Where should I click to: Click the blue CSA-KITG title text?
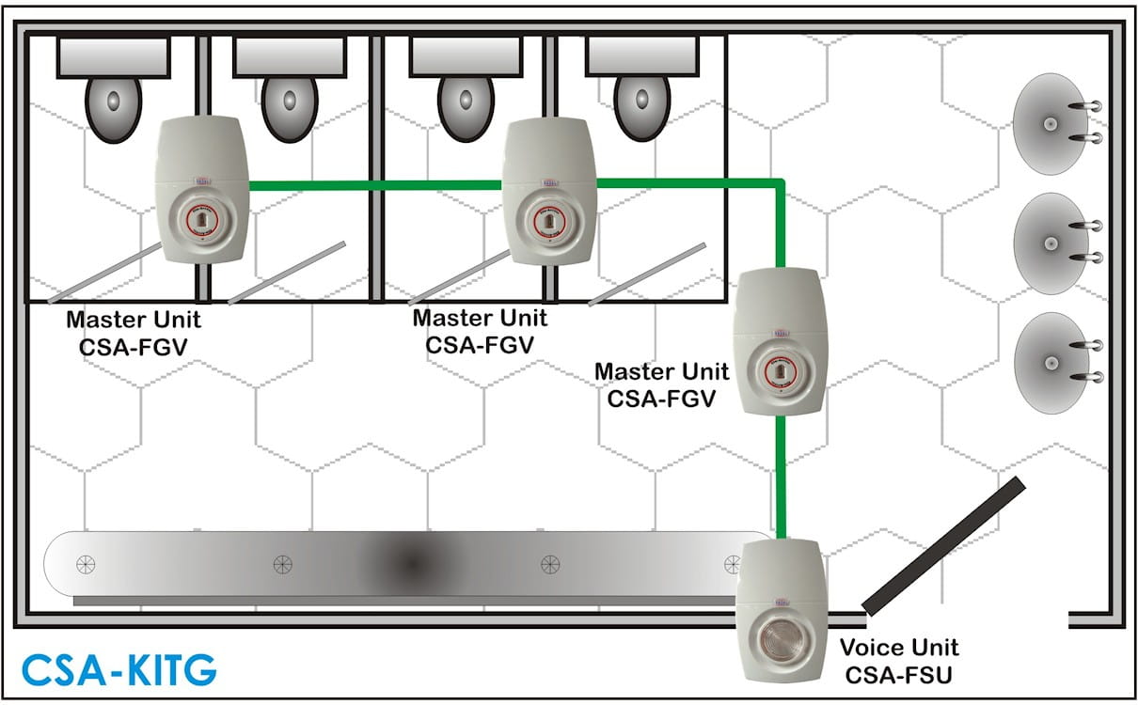pyautogui.click(x=119, y=670)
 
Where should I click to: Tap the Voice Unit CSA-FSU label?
pyautogui.click(x=899, y=662)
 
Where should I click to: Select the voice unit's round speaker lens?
pyautogui.click(x=781, y=637)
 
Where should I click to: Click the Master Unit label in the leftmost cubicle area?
pyautogui.click(x=134, y=333)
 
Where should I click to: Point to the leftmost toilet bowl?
pyautogui.click(x=113, y=109)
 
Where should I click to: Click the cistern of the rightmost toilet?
pyautogui.click(x=642, y=57)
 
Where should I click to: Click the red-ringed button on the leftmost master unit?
pyautogui.click(x=200, y=220)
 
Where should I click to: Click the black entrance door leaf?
pyautogui.click(x=943, y=546)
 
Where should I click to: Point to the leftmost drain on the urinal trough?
pyautogui.click(x=86, y=564)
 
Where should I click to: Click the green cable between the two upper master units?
pyautogui.click(x=375, y=186)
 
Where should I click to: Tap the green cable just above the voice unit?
pyautogui.click(x=781, y=478)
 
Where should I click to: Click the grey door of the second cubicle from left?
pyautogui.click(x=287, y=274)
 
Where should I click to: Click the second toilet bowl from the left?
pyautogui.click(x=289, y=109)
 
